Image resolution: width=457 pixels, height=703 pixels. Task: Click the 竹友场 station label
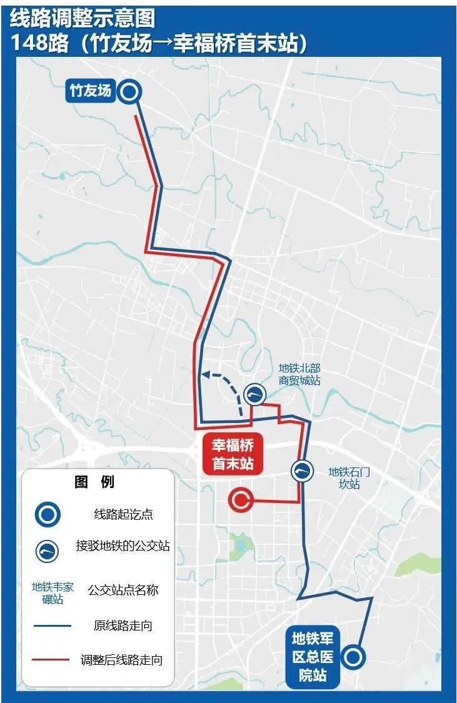point(89,91)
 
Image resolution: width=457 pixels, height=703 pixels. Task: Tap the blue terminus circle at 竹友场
point(129,92)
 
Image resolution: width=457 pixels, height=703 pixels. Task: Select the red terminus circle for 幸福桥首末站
point(241,499)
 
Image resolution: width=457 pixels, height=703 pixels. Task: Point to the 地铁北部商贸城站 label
point(299,374)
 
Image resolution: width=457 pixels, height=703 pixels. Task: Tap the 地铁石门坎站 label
point(349,477)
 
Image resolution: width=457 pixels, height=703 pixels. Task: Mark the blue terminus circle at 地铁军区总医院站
point(354,656)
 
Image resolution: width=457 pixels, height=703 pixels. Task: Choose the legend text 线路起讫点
point(123,515)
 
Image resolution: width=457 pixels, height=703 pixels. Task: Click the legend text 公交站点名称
point(123,590)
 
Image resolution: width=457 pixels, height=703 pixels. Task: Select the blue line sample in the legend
point(53,625)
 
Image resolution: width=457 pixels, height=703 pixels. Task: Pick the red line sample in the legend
point(53,659)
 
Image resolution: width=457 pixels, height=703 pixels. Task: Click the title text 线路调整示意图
point(81,19)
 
